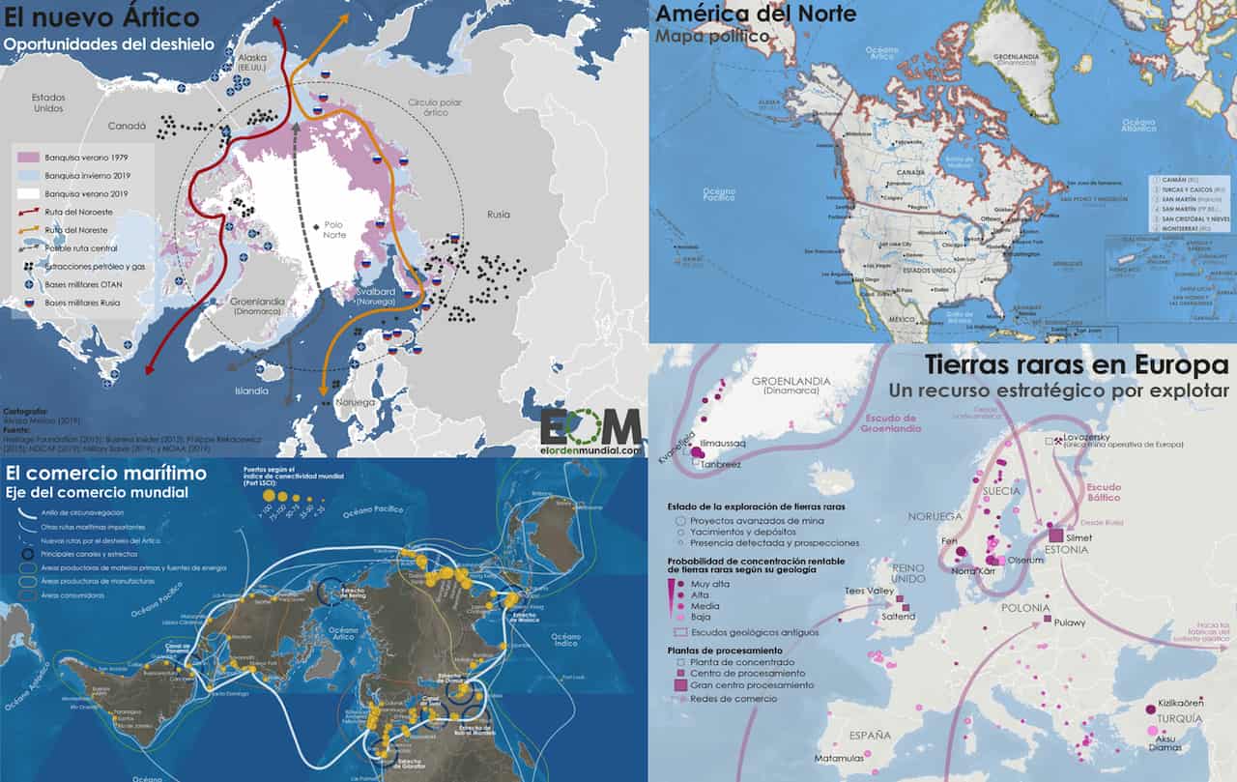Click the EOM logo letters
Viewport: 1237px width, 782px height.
pyautogui.click(x=590, y=426)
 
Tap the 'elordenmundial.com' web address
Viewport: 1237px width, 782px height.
pyautogui.click(x=590, y=449)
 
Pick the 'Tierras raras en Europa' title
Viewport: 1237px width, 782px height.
pyautogui.click(x=1076, y=365)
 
